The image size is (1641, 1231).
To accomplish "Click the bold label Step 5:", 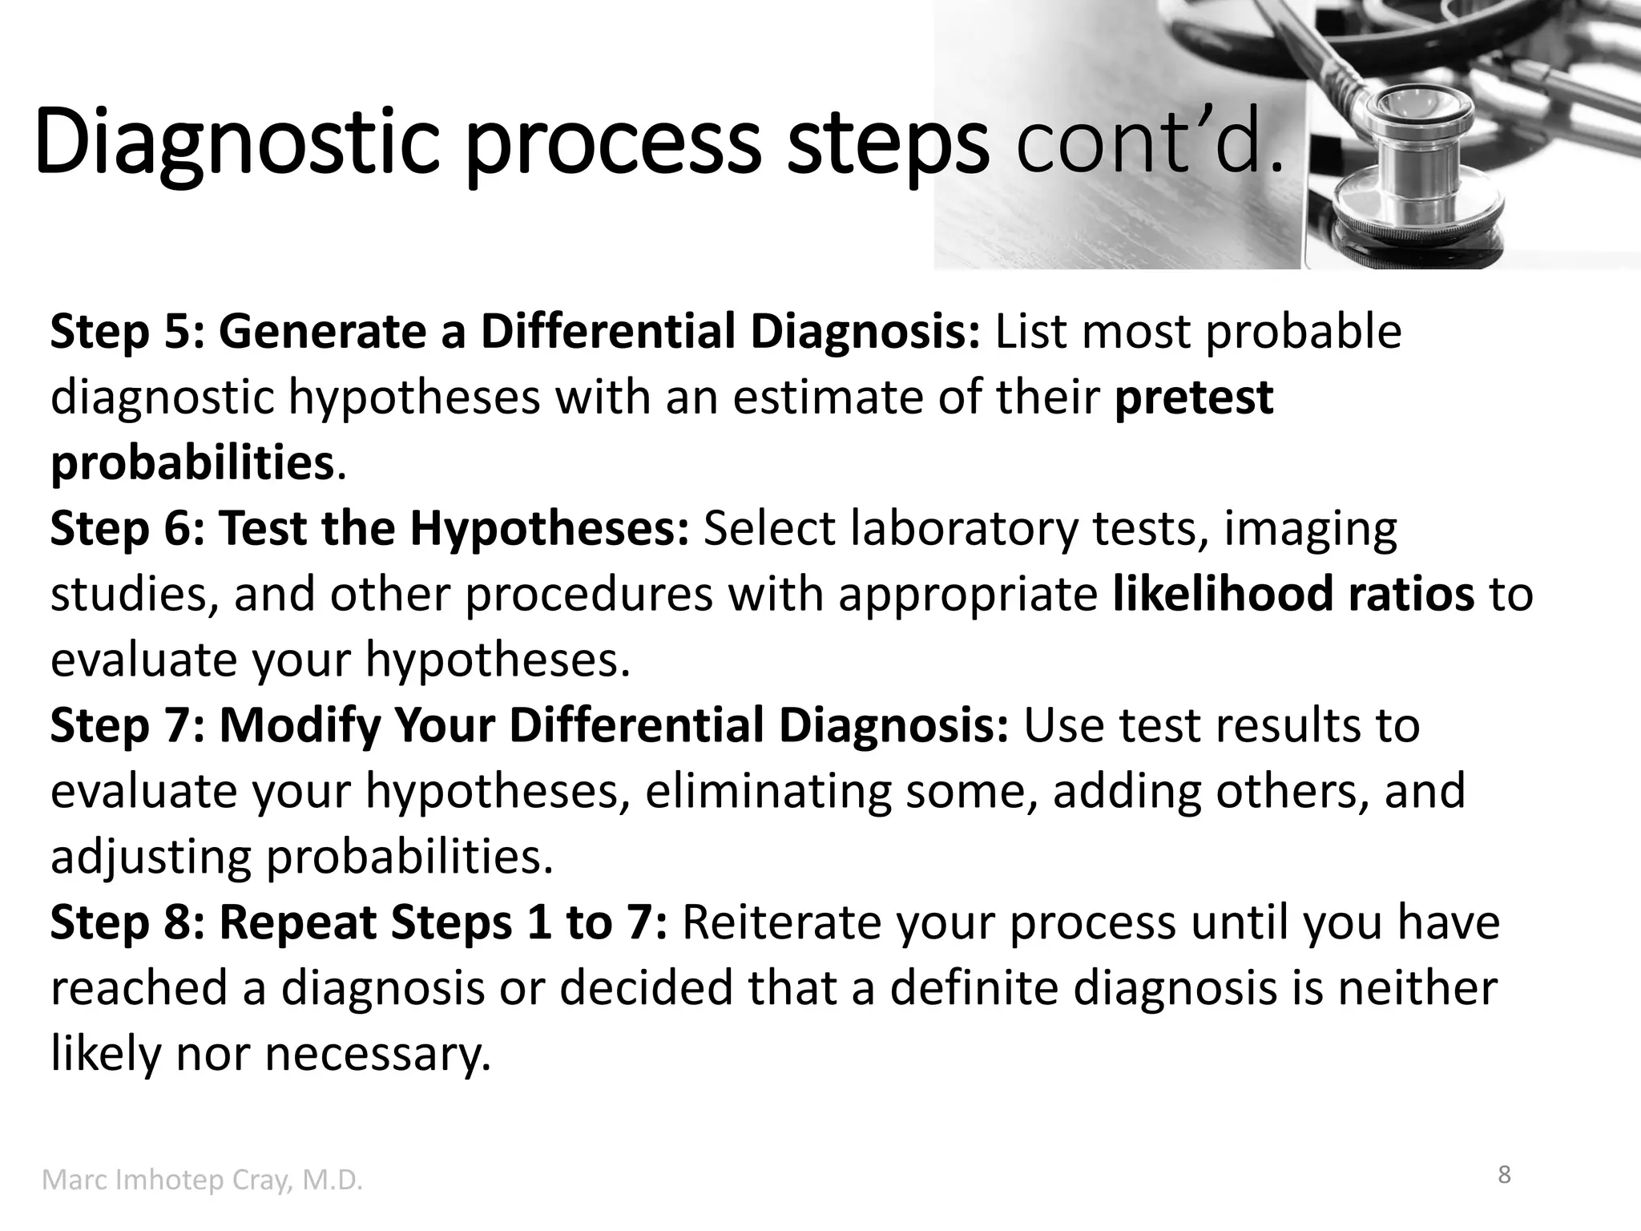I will coord(127,331).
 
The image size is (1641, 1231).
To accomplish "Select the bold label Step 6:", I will coord(127,528).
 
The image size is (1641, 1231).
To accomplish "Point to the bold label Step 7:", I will coord(127,724).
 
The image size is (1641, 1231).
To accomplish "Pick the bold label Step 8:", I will coord(127,922).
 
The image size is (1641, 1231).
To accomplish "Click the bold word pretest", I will coord(1193,398).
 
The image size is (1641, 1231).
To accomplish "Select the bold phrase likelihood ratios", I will coord(1293,594).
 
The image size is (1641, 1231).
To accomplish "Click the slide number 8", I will coord(1504,1175).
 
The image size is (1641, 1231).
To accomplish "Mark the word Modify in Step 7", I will coord(299,724).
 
